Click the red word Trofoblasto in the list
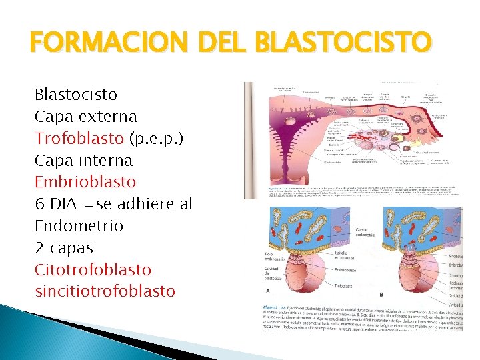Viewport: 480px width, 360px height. coord(79,138)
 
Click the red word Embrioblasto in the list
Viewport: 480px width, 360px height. coord(85,182)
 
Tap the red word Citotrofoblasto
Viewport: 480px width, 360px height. coord(93,269)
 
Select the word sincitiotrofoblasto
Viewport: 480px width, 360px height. coord(105,291)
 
